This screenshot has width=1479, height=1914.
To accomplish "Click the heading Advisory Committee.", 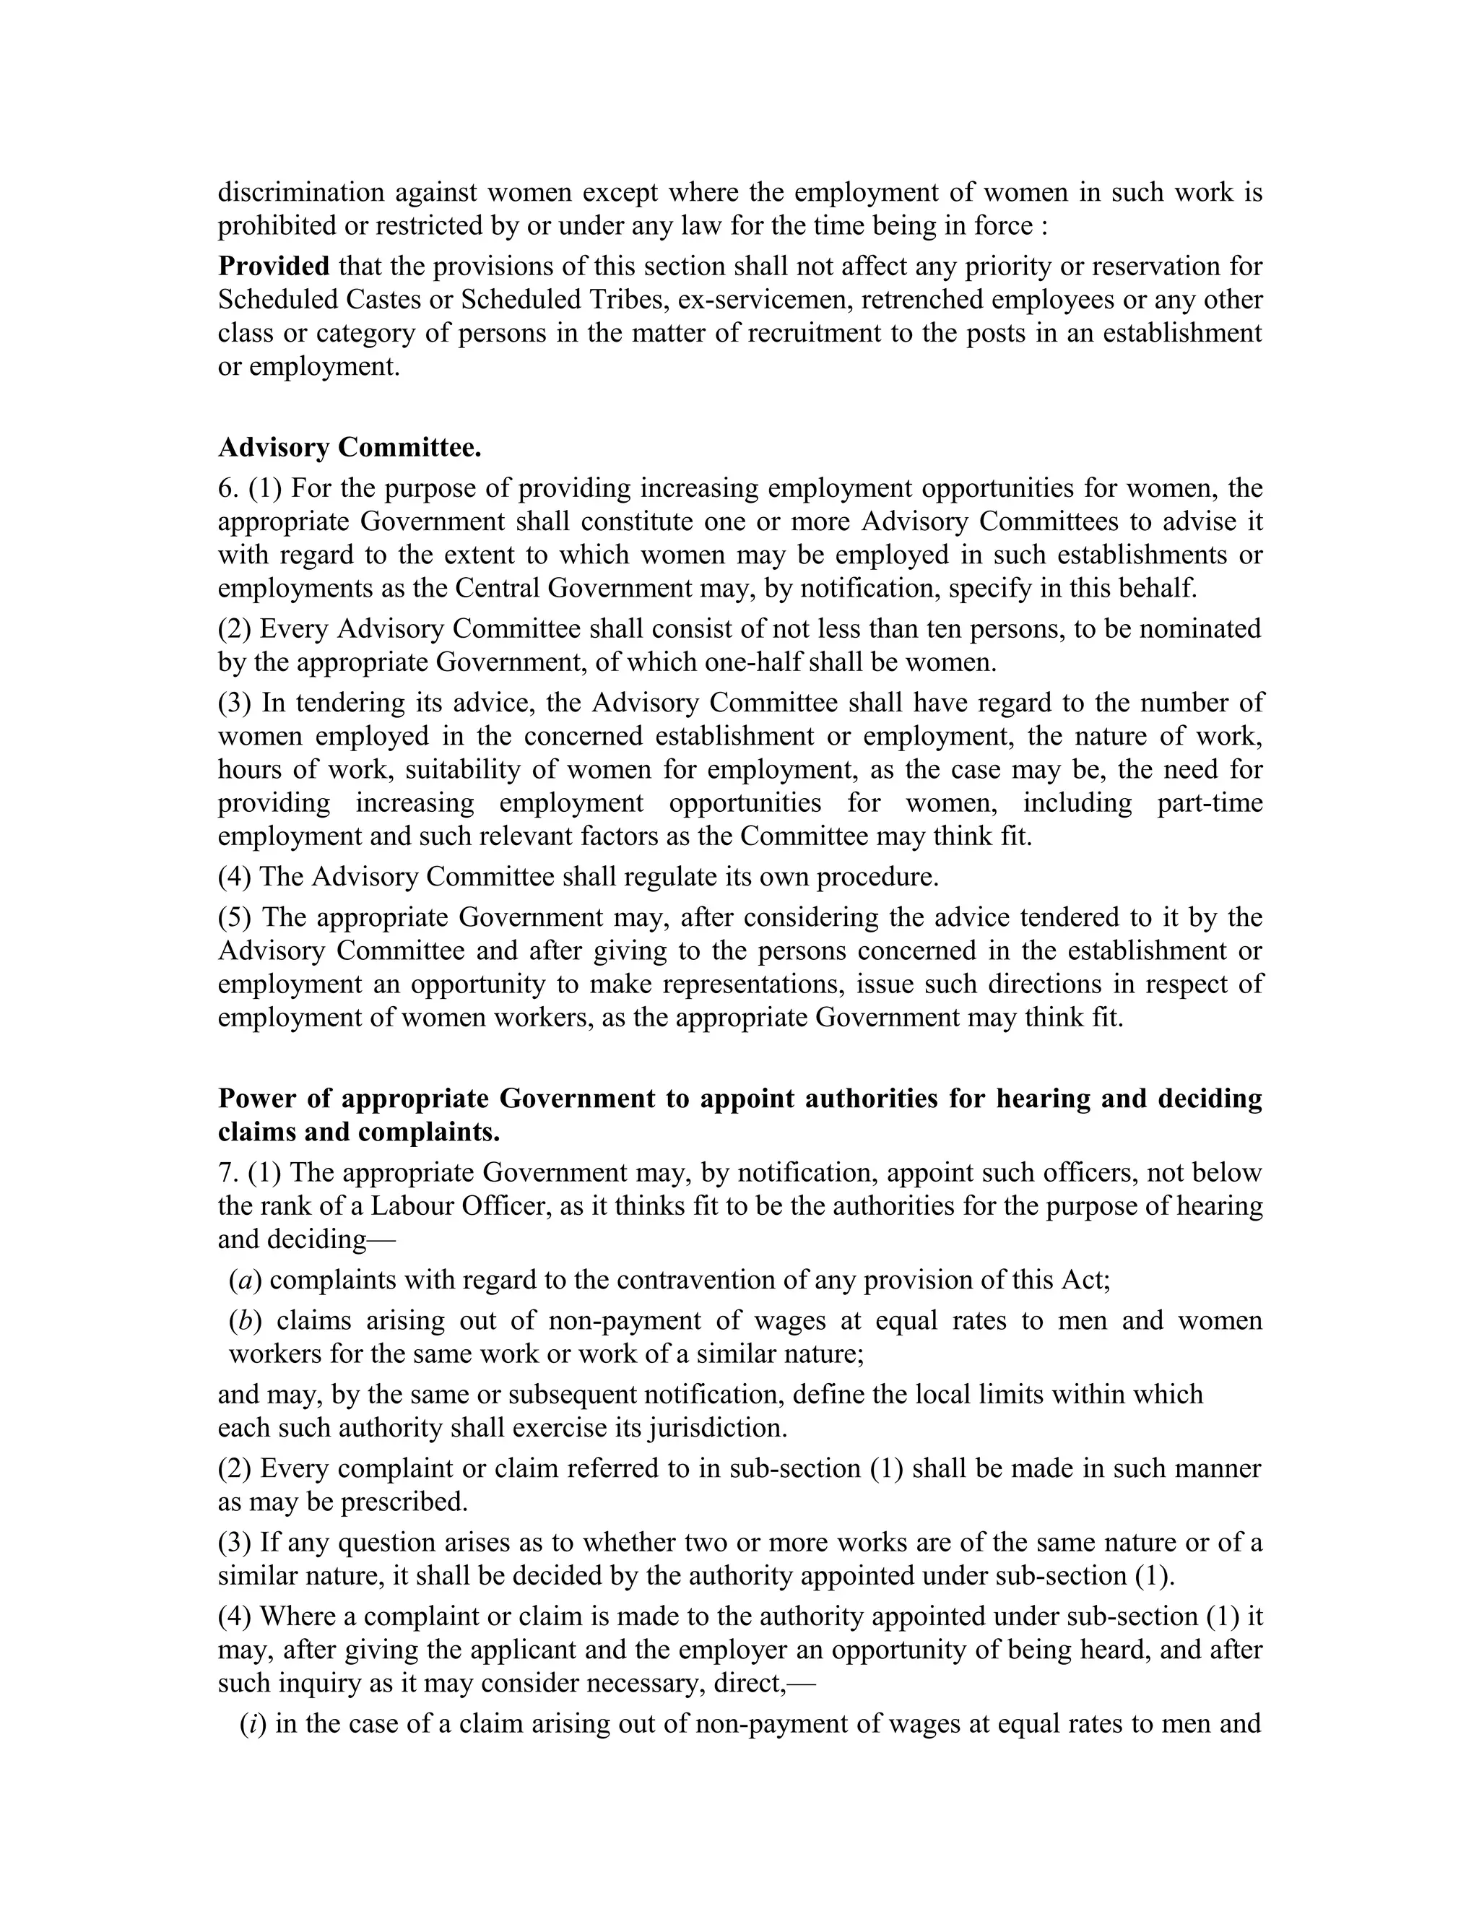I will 349,448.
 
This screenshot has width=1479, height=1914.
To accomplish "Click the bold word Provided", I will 274,266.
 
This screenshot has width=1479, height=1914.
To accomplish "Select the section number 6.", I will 225,488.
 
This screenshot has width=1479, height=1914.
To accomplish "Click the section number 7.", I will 225,1172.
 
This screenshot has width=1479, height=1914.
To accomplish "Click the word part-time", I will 1209,802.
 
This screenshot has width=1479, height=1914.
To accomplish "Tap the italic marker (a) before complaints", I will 246,1281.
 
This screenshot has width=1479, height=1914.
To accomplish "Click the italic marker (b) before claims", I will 246,1321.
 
